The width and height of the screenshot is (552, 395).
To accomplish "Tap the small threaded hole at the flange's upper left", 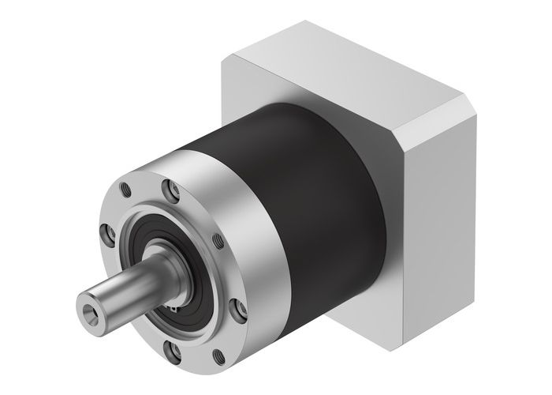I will [125, 190].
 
